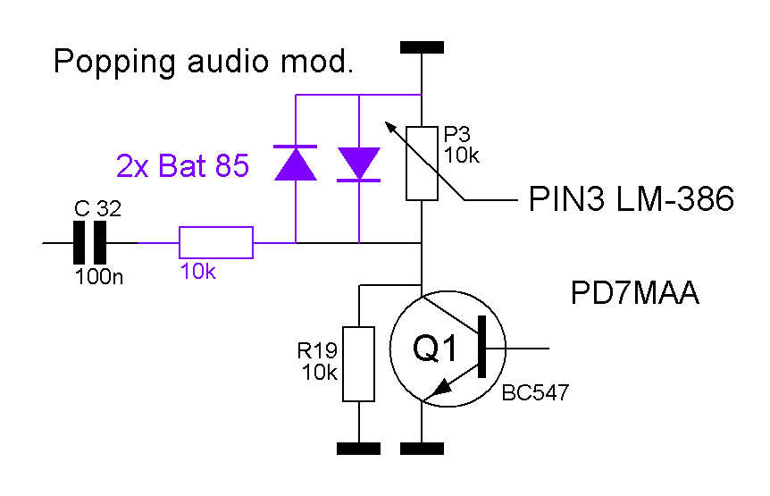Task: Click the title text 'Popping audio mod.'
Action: (204, 63)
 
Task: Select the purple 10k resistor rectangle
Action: (215, 242)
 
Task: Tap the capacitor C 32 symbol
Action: (89, 242)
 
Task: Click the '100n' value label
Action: (98, 277)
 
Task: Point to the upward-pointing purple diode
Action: (295, 163)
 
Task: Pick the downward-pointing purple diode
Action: (359, 164)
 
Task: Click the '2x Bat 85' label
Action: (183, 165)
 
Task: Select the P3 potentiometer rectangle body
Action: (422, 164)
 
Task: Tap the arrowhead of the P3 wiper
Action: (391, 128)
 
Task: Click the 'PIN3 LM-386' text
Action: (631, 199)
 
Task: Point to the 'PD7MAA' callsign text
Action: (634, 293)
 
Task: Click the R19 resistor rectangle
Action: (358, 364)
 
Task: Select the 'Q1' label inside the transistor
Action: (435, 348)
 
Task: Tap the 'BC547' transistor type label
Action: (535, 393)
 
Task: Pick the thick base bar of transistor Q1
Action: (481, 347)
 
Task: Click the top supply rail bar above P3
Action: (422, 47)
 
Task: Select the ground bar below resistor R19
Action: (358, 449)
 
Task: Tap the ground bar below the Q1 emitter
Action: (422, 449)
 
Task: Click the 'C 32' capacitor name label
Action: (97, 209)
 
